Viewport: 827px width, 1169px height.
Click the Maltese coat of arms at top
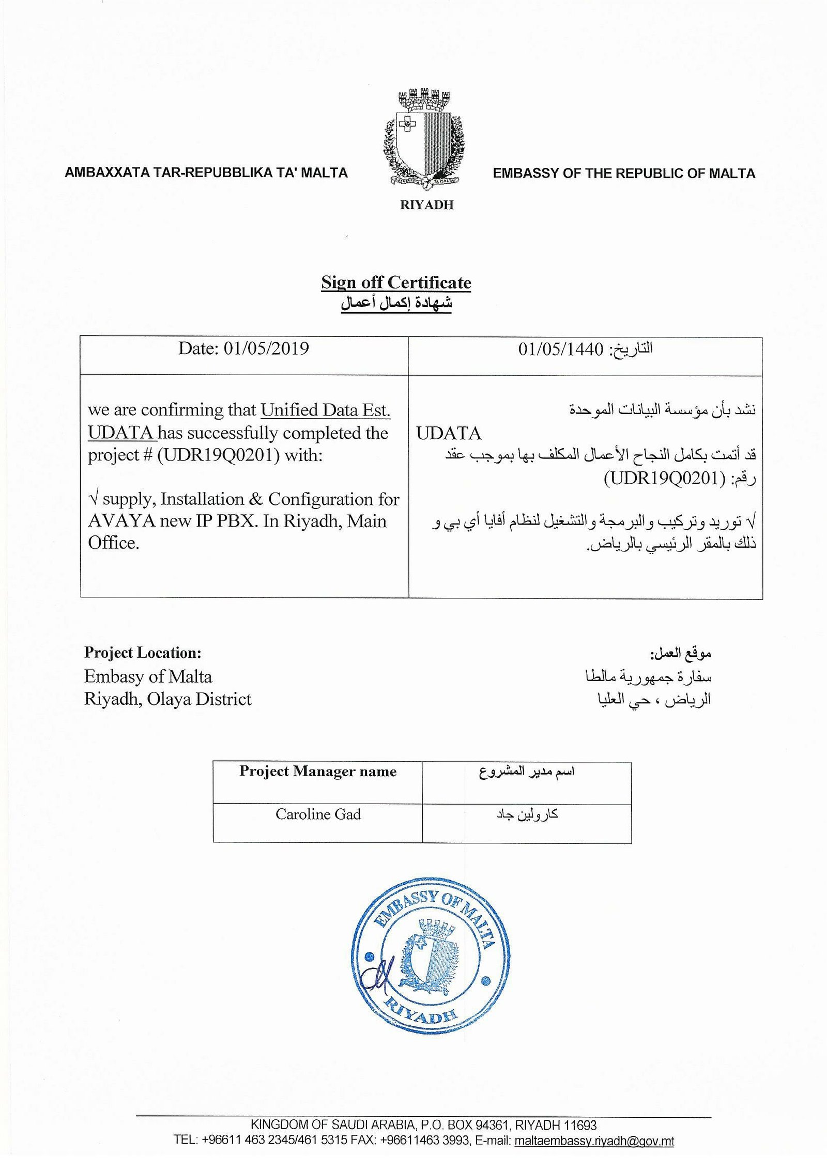(x=423, y=139)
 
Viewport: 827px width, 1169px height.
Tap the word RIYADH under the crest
(x=426, y=205)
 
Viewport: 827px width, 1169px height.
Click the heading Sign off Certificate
(x=396, y=283)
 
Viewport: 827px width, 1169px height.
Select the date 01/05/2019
(x=266, y=349)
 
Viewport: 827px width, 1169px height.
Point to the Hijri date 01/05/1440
(x=560, y=350)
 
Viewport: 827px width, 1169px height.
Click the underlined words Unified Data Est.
(x=325, y=410)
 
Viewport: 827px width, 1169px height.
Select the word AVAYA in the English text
(x=121, y=521)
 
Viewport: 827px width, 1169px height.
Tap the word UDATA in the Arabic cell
(x=449, y=433)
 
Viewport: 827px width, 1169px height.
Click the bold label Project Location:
(x=143, y=653)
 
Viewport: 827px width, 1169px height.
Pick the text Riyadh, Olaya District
(x=167, y=699)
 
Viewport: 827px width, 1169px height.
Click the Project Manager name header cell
(x=317, y=772)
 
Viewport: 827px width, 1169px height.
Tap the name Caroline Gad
(x=318, y=814)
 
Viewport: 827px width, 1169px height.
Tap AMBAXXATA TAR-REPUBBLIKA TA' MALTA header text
(x=206, y=173)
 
